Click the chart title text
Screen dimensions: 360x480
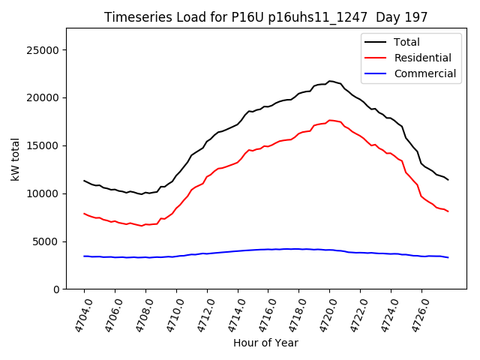pyautogui.click(x=266, y=17)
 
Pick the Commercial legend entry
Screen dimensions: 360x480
pyautogui.click(x=424, y=73)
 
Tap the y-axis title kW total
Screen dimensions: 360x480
pyautogui.click(x=15, y=159)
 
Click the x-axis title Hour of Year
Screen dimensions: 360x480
pyautogui.click(x=265, y=343)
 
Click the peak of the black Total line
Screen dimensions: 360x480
pyautogui.click(x=330, y=81)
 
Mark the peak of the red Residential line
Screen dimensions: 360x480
pyautogui.click(x=330, y=120)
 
